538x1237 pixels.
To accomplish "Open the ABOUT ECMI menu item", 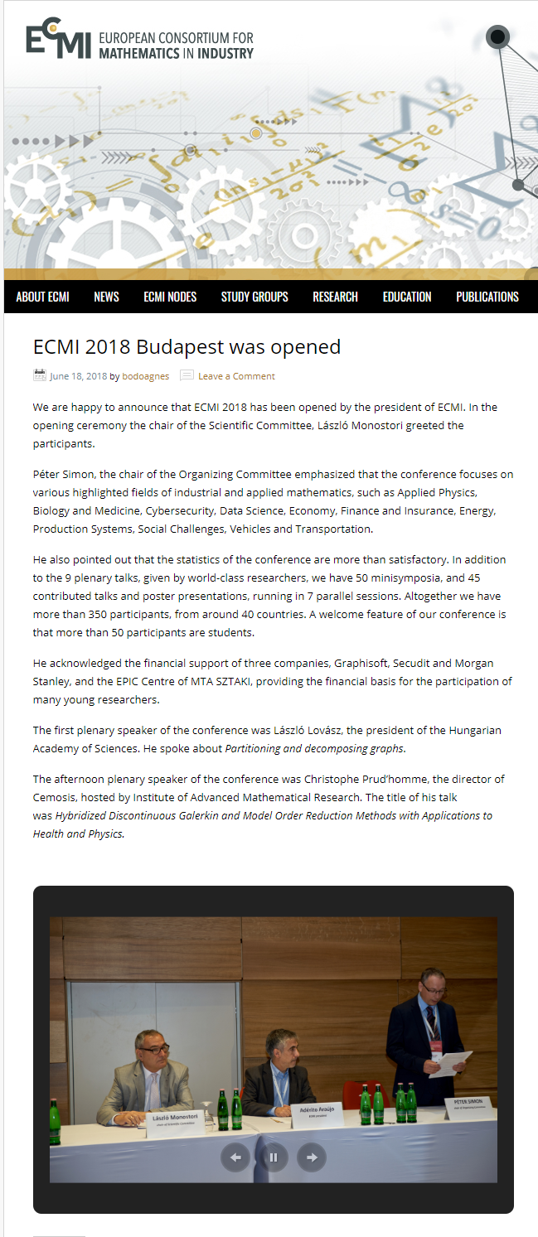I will coord(42,297).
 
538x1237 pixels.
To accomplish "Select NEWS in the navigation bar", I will coord(106,297).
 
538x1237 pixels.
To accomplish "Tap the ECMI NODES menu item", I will coord(170,297).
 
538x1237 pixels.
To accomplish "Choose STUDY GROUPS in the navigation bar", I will coord(254,297).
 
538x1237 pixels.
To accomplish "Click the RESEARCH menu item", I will coord(335,297).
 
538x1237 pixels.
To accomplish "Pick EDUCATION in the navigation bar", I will coord(407,297).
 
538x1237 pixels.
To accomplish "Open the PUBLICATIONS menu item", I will coord(487,297).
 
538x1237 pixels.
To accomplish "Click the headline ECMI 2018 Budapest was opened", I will coord(187,346).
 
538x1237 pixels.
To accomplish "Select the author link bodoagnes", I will coord(145,376).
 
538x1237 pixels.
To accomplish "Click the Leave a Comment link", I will coord(236,376).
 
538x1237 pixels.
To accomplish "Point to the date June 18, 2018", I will coord(78,376).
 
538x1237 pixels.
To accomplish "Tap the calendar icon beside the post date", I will coord(40,375).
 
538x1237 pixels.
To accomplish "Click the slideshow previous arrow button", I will coord(235,1157).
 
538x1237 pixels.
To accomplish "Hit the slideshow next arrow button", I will coord(312,1157).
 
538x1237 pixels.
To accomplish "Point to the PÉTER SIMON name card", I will coord(468,1104).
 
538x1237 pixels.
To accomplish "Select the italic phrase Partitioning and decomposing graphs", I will coord(315,748).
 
